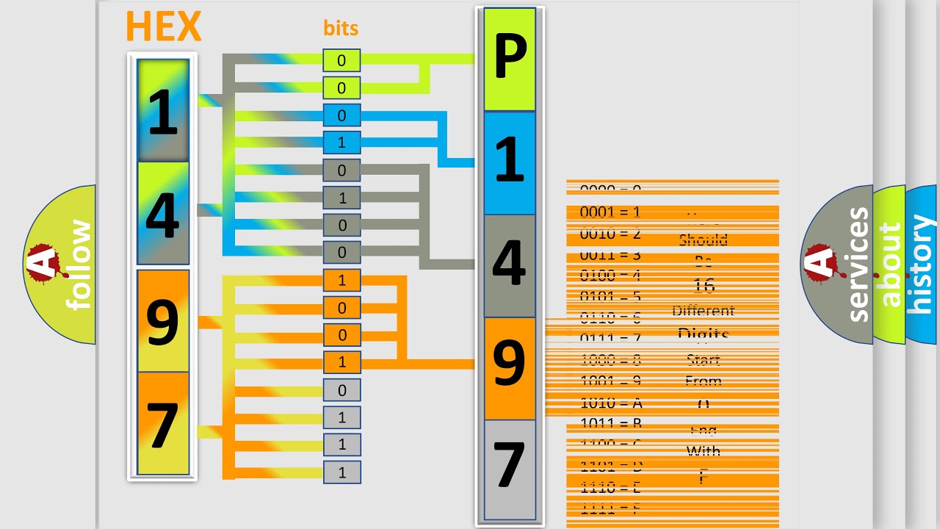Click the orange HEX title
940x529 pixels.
point(163,26)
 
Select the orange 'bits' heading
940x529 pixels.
point(341,28)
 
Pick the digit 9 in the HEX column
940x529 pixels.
point(163,321)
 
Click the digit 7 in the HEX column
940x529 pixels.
point(163,424)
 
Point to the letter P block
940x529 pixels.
point(510,60)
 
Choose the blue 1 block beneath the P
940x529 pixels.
point(510,162)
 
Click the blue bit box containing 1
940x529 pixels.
point(341,143)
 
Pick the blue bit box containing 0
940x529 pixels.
point(341,115)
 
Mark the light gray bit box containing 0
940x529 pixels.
point(341,390)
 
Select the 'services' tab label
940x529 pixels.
point(857,264)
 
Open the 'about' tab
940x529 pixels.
point(889,264)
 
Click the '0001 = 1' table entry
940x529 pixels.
point(610,212)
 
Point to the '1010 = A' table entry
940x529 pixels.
point(611,403)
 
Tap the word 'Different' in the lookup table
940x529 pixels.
point(703,311)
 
